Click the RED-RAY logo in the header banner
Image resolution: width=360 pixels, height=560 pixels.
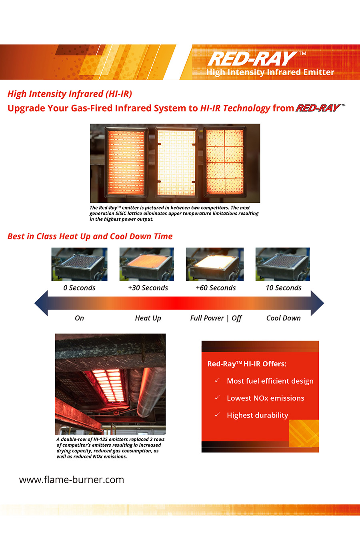click(257, 59)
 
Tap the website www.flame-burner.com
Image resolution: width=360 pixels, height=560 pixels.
click(72, 480)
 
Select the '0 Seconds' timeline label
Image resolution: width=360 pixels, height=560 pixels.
click(79, 288)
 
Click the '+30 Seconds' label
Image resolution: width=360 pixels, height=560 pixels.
click(148, 288)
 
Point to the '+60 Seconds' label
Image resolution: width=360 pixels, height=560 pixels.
click(216, 288)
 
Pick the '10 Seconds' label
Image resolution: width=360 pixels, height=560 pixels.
click(284, 288)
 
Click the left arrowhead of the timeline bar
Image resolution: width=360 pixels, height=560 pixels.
click(41, 303)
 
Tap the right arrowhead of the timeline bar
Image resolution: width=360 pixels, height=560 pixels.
click(317, 303)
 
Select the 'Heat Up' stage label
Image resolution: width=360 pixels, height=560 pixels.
click(148, 318)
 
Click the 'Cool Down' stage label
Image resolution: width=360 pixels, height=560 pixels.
click(284, 318)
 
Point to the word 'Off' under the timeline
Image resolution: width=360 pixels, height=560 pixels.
click(236, 318)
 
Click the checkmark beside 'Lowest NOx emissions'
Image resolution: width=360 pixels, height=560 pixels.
click(217, 397)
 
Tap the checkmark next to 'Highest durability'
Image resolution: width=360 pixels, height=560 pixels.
click(217, 414)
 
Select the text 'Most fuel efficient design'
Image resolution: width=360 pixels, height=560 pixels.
click(270, 381)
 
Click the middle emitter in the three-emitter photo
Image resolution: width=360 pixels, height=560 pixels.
click(176, 162)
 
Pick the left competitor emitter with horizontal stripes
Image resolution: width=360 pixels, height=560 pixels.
click(126, 162)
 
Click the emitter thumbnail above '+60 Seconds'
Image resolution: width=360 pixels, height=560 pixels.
click(215, 264)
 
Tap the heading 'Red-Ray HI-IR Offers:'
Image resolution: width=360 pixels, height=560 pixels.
click(247, 364)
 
